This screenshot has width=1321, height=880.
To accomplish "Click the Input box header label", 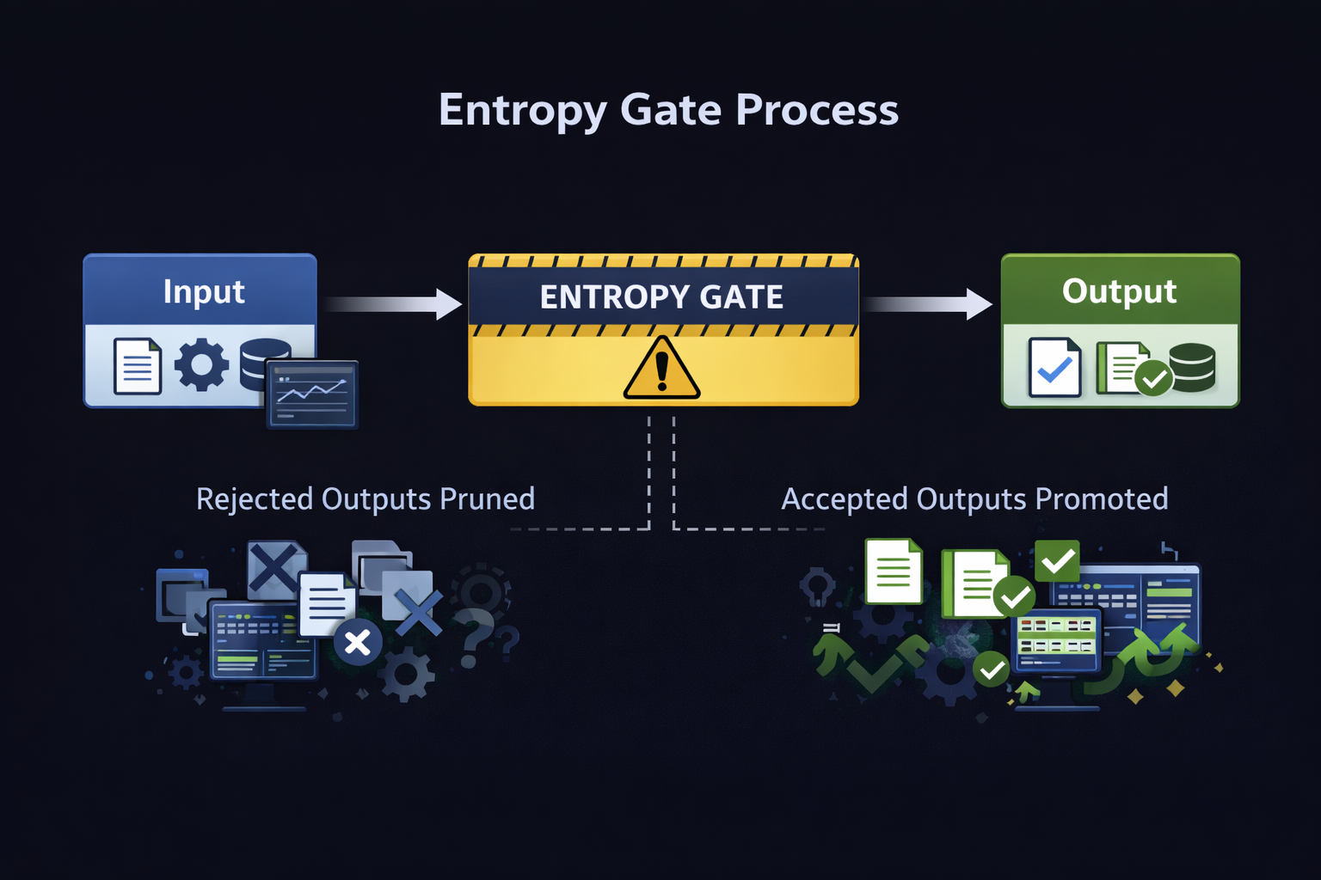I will (x=204, y=291).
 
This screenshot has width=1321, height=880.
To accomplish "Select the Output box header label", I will (x=1119, y=290).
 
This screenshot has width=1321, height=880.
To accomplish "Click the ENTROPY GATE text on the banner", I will (x=661, y=296).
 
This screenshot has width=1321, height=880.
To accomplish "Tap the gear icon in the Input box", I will (x=201, y=365).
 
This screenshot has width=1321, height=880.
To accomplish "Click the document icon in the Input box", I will (x=138, y=367).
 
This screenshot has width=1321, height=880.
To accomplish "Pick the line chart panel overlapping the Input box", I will (x=312, y=394).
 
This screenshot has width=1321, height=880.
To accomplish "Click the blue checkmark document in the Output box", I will (x=1055, y=368).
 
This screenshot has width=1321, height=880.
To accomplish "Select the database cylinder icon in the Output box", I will (x=1192, y=367).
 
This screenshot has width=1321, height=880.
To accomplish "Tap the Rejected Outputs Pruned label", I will (x=366, y=499).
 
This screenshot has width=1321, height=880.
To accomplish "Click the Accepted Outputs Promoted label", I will (x=974, y=499).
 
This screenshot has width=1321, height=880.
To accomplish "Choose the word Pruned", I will (x=487, y=499).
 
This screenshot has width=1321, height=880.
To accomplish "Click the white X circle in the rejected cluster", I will (x=358, y=642).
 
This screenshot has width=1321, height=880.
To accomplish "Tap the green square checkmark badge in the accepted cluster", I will (x=1057, y=562).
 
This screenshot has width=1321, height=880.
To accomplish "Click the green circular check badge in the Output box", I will (x=1153, y=378).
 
